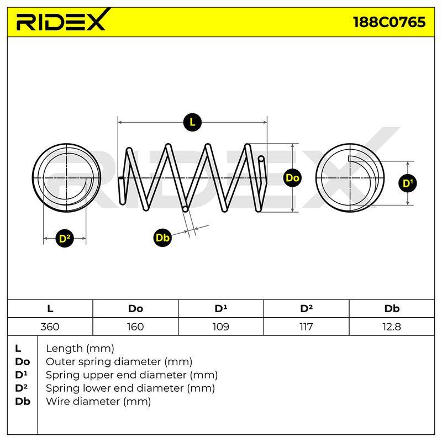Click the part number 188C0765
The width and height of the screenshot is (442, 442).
coord(389,22)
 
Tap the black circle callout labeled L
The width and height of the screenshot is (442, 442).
coord(192,122)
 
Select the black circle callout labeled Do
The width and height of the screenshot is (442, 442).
coord(292,178)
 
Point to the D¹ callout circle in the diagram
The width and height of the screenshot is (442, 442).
coord(408,183)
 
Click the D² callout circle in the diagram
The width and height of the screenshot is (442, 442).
coord(65,239)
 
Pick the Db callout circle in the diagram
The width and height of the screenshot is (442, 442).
coord(162,238)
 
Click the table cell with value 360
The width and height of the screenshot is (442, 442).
coord(50,327)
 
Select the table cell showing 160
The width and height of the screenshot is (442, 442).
coord(135,327)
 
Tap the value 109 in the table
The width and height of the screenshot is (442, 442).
coord(220,327)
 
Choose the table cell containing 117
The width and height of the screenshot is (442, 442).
coord(306,327)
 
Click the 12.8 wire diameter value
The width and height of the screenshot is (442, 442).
coord(392,327)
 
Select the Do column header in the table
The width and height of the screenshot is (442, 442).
coord(135,309)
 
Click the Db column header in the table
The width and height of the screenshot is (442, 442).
coord(392,309)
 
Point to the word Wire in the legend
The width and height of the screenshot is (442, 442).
coord(58,401)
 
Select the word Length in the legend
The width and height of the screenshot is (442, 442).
coord(64,349)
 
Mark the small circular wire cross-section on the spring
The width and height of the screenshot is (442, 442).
coord(185,209)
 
